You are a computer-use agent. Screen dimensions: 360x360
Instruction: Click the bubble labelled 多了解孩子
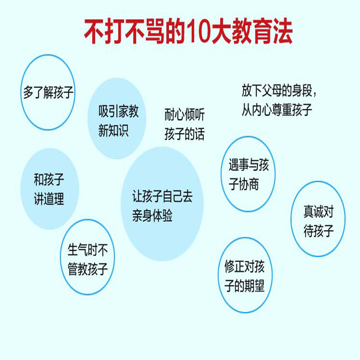click(x=48, y=93)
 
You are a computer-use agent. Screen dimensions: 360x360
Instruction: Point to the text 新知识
click(x=113, y=131)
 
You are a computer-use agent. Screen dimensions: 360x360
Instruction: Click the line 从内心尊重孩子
click(x=277, y=110)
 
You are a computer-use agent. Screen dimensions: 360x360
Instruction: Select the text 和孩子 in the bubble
click(x=49, y=180)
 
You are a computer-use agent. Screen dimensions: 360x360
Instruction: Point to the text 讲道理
click(x=49, y=199)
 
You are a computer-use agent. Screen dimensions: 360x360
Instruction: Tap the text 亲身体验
click(x=152, y=216)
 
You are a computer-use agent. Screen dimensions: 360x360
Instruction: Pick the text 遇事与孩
click(x=249, y=166)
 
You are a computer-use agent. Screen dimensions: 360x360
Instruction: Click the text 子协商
click(x=244, y=184)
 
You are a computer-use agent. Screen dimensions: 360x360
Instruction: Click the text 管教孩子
click(x=88, y=269)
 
